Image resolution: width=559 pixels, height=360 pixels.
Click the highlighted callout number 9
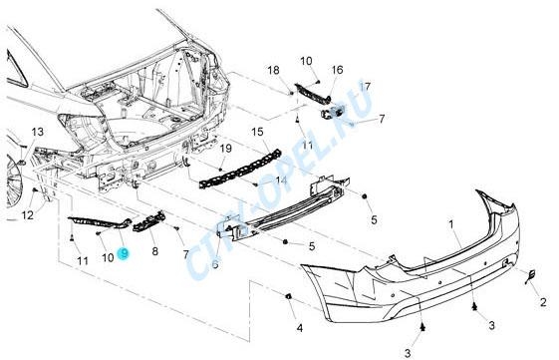coord(125,254)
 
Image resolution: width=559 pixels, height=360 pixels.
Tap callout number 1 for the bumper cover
coord(451,224)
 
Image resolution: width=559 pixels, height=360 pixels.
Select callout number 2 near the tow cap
coord(543,302)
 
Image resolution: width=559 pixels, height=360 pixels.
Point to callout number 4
coord(300,328)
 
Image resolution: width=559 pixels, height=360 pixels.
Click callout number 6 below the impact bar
coord(215,264)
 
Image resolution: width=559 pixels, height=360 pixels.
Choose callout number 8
coord(154,251)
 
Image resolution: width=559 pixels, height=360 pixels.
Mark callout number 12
coord(28,215)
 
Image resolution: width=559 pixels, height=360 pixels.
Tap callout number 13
coord(38,132)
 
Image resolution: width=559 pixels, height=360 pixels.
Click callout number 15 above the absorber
coord(257,132)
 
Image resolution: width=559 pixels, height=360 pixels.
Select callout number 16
coord(337,70)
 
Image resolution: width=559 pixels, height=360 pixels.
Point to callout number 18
coord(273,70)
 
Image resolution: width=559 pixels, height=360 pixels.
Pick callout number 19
coord(226,148)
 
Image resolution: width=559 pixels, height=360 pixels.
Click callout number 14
coord(281,180)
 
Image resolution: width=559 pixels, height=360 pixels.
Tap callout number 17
coord(365,87)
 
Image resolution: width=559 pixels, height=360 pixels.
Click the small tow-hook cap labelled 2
coord(530,276)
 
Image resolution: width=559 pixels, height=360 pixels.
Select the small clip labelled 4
coord(288,296)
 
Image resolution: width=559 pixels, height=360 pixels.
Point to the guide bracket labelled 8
coord(149,221)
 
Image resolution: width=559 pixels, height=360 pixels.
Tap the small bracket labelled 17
coord(333,112)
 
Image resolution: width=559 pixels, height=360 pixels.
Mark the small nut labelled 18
coord(291,93)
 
